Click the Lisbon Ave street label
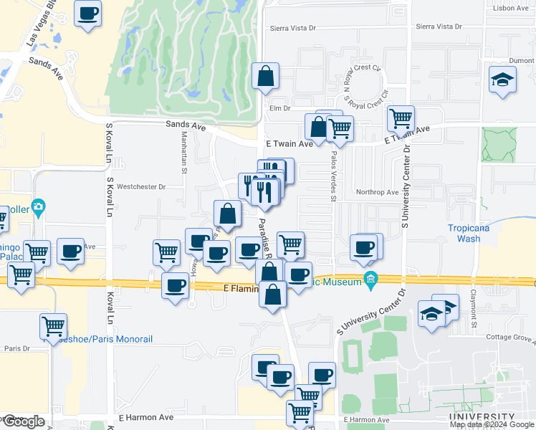tap(510, 9)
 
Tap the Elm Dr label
tap(279, 109)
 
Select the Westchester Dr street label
tap(142, 187)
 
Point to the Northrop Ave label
tap(377, 193)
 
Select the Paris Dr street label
tap(15, 349)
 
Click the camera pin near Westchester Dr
tap(39, 207)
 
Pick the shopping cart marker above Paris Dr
tap(53, 326)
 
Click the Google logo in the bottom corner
tap(23, 421)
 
